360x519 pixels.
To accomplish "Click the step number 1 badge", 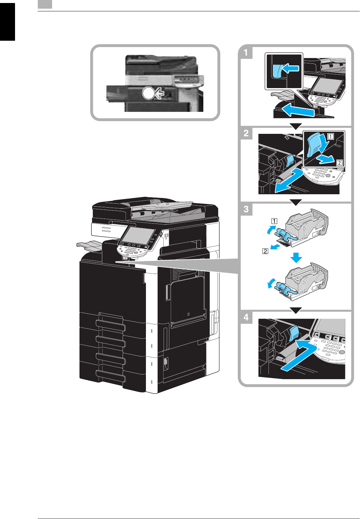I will pos(246,52).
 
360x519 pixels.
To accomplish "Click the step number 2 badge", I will pos(246,133).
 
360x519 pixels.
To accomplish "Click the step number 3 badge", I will pos(246,209).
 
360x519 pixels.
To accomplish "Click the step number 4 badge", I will pos(246,317).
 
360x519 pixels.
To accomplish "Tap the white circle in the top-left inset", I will pos(148,93).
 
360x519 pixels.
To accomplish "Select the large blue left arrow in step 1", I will pos(298,110).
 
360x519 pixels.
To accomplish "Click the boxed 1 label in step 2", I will pos(330,136).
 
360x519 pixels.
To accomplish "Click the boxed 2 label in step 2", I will pos(339,163).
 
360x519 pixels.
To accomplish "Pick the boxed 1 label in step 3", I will pos(274,221).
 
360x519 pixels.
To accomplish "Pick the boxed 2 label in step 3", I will pos(265,251).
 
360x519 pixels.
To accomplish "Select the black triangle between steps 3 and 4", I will pos(296,311).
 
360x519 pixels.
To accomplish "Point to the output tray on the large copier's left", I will pos(89,246).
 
